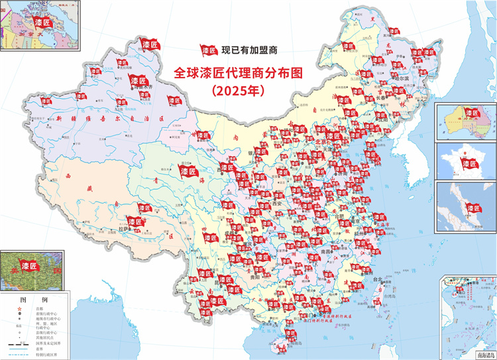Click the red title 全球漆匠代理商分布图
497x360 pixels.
[237, 73]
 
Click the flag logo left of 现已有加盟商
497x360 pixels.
[210, 50]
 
